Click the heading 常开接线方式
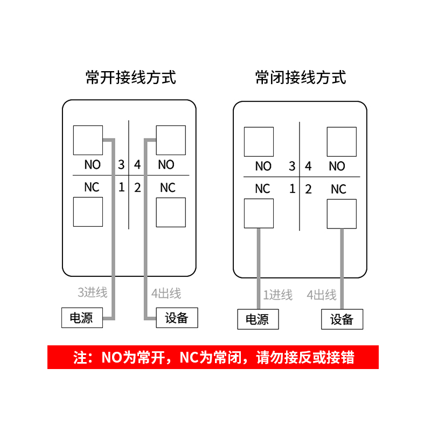[131, 78]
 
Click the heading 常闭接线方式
[301, 78]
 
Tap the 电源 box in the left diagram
[81, 318]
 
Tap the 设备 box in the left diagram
[177, 318]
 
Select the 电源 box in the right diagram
[258, 319]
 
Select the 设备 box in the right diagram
[342, 319]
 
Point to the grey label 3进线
[93, 293]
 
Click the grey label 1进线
[277, 295]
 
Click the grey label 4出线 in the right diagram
[322, 295]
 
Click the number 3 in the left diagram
[121, 165]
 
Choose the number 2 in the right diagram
[308, 189]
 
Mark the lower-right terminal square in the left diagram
[171, 212]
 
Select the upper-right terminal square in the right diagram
[342, 142]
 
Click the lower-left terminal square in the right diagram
[259, 213]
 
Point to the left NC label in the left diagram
[92, 187]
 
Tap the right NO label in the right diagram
[337, 166]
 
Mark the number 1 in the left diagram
[121, 187]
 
